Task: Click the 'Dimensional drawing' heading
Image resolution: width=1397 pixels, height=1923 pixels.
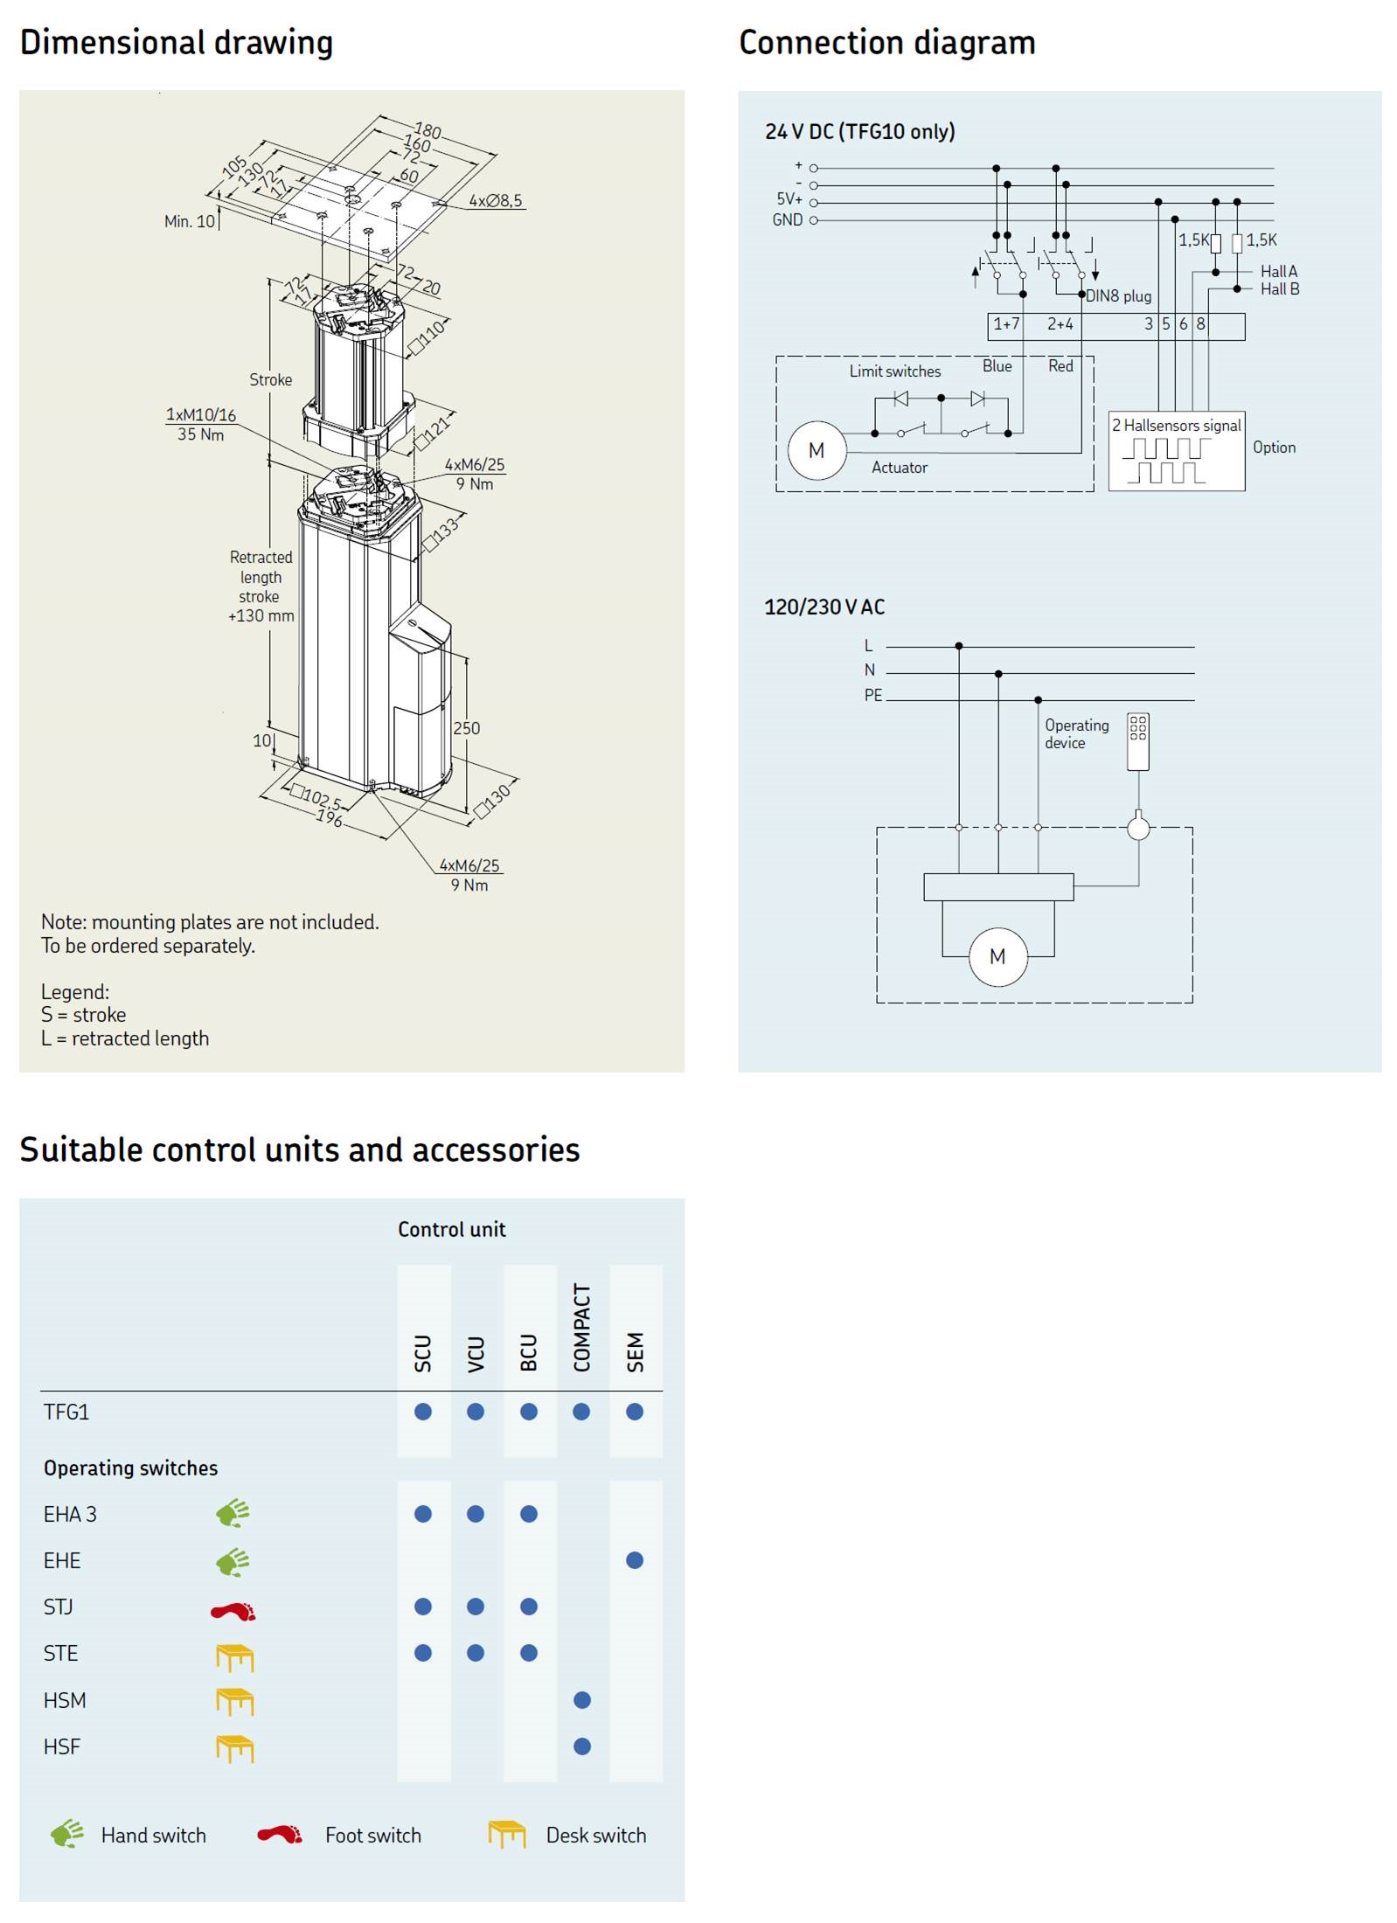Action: [176, 42]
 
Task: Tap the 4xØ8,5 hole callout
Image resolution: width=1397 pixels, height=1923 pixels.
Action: [495, 201]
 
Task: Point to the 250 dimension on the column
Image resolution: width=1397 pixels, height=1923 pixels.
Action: [466, 728]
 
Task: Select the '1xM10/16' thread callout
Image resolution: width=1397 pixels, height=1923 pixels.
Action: [201, 415]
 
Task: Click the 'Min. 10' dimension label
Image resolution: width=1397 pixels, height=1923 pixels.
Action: [189, 221]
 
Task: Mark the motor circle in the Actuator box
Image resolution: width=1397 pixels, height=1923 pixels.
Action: [816, 450]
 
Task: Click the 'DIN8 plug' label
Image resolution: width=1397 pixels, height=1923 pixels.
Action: [1118, 296]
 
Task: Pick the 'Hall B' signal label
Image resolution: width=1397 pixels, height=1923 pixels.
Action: [1279, 289]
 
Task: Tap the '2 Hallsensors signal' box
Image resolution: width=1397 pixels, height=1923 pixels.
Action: [1176, 450]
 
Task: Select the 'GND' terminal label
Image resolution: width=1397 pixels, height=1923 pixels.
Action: [787, 220]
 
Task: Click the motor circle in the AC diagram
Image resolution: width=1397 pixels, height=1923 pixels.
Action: [997, 956]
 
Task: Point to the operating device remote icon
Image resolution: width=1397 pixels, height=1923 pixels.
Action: [1137, 741]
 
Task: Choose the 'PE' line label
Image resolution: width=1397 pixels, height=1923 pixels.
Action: [872, 696]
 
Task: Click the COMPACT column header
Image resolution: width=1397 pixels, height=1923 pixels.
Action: [582, 1327]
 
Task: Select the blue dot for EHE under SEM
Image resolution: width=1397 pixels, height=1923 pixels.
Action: [635, 1560]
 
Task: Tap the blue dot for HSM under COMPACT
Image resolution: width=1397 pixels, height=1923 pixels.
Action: [582, 1700]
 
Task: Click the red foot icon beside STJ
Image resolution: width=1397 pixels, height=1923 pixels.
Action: [233, 1609]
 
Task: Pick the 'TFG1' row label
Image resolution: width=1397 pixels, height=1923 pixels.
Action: [66, 1412]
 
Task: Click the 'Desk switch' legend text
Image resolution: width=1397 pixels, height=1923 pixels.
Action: [595, 1836]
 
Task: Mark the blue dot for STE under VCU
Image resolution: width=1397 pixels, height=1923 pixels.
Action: [476, 1653]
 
